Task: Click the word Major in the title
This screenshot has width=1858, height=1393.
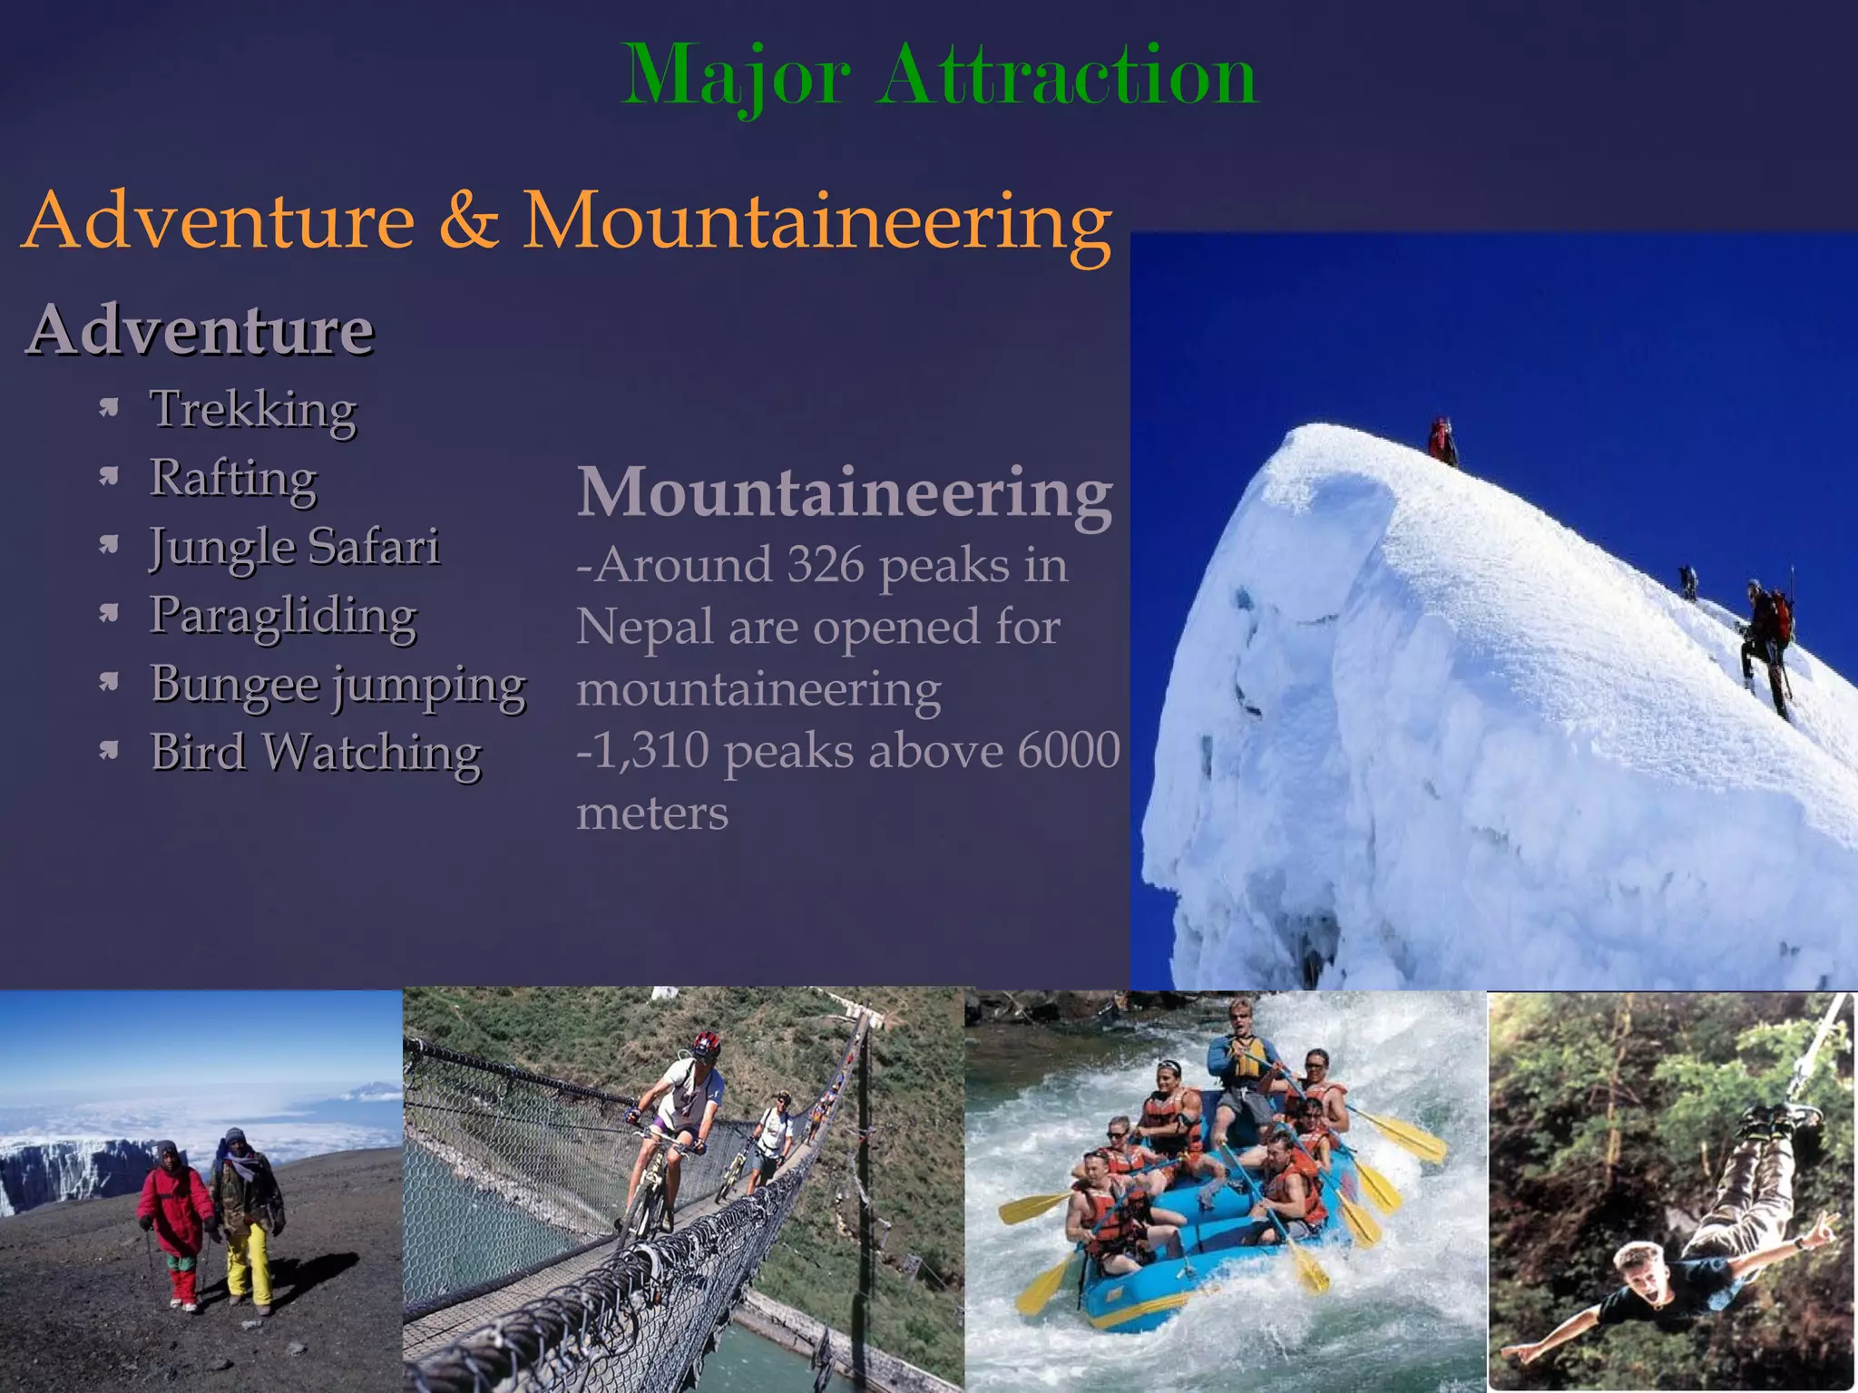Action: (x=736, y=76)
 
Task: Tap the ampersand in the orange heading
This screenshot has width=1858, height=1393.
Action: (x=468, y=221)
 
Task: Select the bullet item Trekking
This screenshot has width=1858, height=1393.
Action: (x=253, y=410)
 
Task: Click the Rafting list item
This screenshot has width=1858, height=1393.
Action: (x=233, y=479)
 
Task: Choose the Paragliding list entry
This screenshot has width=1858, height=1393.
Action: (x=283, y=616)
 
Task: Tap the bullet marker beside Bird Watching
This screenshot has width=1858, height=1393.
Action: (x=110, y=750)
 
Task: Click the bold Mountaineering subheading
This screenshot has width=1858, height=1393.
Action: (x=845, y=492)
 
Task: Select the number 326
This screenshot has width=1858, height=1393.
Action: (x=826, y=565)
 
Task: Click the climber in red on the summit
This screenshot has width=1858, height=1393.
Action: (x=1442, y=442)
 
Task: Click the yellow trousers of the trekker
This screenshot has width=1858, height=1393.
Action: (x=248, y=1261)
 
